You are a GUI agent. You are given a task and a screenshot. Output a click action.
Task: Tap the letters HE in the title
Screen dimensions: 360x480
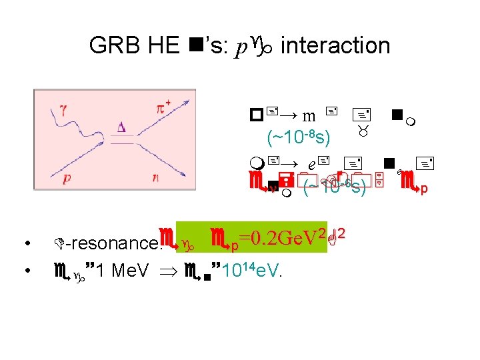coord(163,45)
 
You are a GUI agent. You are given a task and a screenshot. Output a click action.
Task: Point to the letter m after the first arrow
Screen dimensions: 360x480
coord(309,115)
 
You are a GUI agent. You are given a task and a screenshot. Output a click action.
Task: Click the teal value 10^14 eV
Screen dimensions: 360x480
coord(251,271)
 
